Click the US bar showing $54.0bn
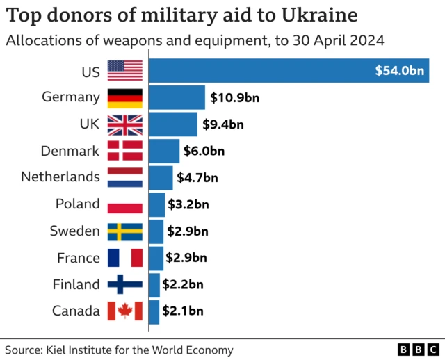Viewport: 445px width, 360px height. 289,70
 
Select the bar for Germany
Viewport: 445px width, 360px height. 177,97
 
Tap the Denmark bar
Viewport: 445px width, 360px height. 164,151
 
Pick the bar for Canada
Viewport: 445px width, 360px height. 154,311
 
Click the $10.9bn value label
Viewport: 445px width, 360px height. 233,97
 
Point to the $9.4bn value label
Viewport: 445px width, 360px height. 222,124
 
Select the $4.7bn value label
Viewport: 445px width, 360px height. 197,177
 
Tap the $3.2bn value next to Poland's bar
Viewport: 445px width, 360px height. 188,204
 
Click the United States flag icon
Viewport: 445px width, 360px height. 125,70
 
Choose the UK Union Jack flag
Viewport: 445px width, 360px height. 125,124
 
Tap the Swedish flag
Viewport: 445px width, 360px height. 125,231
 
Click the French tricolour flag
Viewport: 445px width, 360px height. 125,258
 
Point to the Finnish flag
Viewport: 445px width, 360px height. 125,284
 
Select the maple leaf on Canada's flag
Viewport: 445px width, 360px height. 125,311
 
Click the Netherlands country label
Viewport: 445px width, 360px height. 60,177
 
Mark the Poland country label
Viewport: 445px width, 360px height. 78,204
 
